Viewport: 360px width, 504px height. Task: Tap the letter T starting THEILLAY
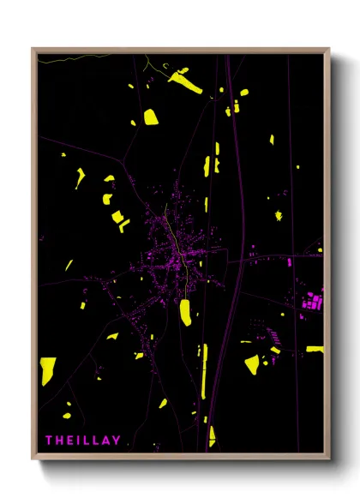[49, 440]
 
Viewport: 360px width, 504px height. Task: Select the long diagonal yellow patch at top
[184, 81]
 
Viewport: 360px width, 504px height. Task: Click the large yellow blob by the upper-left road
[151, 117]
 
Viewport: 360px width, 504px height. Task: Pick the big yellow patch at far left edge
[48, 370]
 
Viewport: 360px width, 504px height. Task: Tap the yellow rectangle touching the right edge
[315, 349]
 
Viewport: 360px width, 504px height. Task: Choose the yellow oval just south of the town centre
[185, 312]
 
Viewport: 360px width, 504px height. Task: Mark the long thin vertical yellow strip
[204, 369]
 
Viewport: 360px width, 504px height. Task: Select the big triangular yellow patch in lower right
[251, 365]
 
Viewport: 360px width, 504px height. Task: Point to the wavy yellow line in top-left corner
[77, 57]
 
